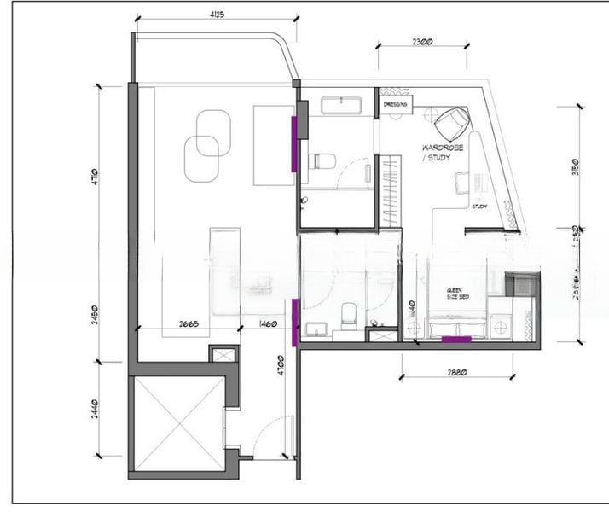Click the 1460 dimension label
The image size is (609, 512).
pyautogui.click(x=269, y=324)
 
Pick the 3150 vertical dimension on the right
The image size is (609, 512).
pyautogui.click(x=578, y=166)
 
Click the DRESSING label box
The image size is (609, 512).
pyautogui.click(x=396, y=104)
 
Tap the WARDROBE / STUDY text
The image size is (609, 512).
pyautogui.click(x=443, y=152)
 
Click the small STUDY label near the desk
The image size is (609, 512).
pyautogui.click(x=479, y=207)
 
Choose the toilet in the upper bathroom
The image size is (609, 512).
pyautogui.click(x=322, y=160)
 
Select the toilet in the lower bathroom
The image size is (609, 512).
pyautogui.click(x=348, y=315)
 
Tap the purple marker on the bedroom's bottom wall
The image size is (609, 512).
pyautogui.click(x=455, y=340)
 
